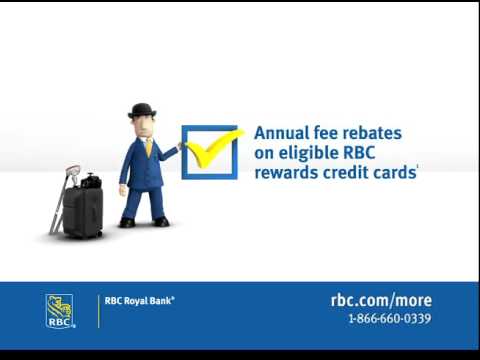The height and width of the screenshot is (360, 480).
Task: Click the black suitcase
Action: pyautogui.click(x=82, y=211)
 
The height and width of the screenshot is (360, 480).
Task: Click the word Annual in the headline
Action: pyautogui.click(x=281, y=132)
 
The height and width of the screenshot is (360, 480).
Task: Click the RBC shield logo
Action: pyautogui.click(x=59, y=310)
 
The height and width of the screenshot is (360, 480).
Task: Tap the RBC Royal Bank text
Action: pyautogui.click(x=140, y=299)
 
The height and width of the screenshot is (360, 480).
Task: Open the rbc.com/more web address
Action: pyautogui.click(x=381, y=300)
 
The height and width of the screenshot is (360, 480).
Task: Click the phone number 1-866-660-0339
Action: pyautogui.click(x=389, y=319)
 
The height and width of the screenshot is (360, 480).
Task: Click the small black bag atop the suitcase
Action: pyautogui.click(x=91, y=181)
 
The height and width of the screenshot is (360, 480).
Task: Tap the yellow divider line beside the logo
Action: pyautogui.click(x=98, y=311)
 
